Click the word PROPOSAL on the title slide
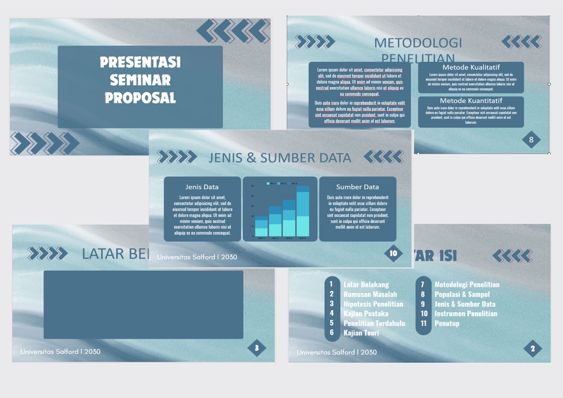pos(140,97)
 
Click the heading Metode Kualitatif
pos(471,68)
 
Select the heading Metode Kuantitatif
pos(471,101)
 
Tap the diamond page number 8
pos(531,140)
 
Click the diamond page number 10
pos(394,254)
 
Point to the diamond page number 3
pos(257,348)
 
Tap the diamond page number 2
pos(533,349)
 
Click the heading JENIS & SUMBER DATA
pos(280,158)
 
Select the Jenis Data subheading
pos(202,187)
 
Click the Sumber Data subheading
pos(357,187)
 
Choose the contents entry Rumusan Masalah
pos(370,294)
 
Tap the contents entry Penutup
pos(447,323)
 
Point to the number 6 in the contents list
pos(331,332)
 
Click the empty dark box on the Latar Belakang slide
pos(143,304)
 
